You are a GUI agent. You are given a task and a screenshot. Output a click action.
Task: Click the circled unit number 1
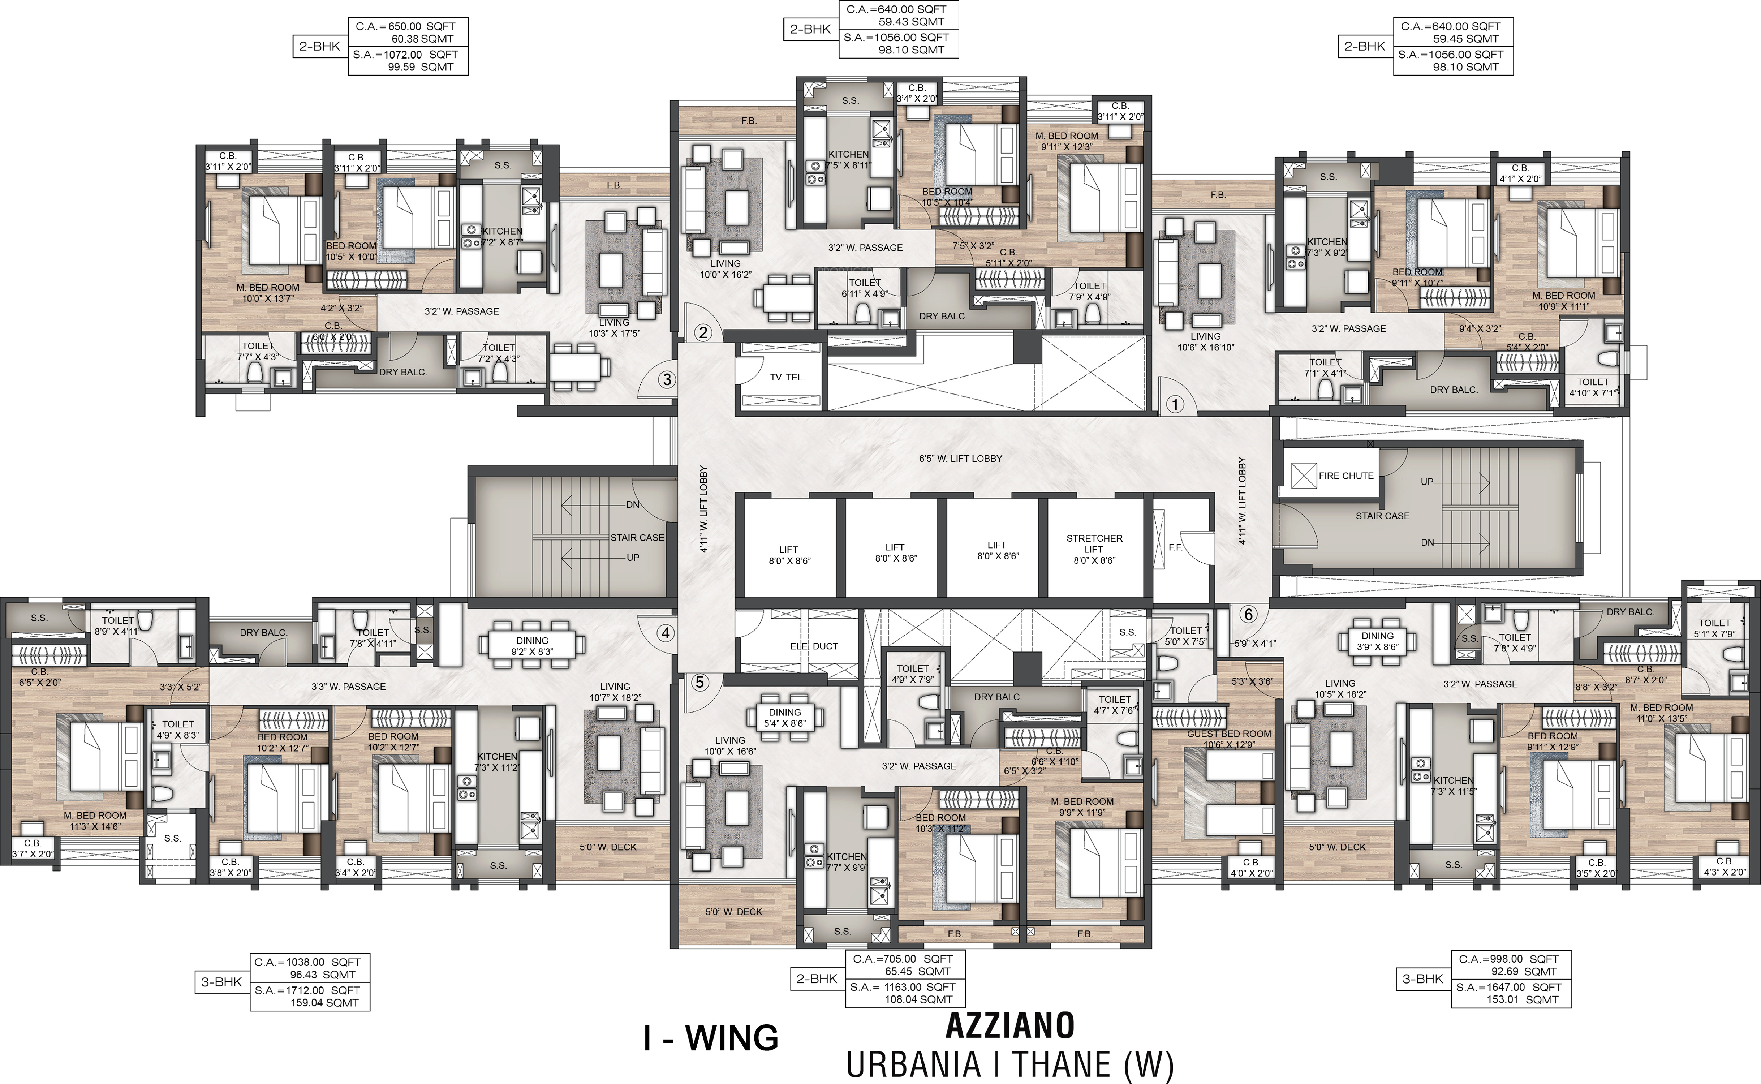[x=1175, y=404]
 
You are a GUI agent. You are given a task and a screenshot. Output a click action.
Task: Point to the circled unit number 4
[x=666, y=633]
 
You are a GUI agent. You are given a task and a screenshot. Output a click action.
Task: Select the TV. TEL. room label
[x=787, y=377]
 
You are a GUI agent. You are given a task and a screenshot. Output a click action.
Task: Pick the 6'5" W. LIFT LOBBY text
[x=960, y=458]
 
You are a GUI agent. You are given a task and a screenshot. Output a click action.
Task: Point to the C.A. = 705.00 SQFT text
[x=903, y=959]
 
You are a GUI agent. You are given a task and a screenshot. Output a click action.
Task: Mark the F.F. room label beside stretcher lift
[x=1175, y=547]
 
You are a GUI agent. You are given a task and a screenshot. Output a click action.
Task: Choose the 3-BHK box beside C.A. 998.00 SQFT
[x=1423, y=978]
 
